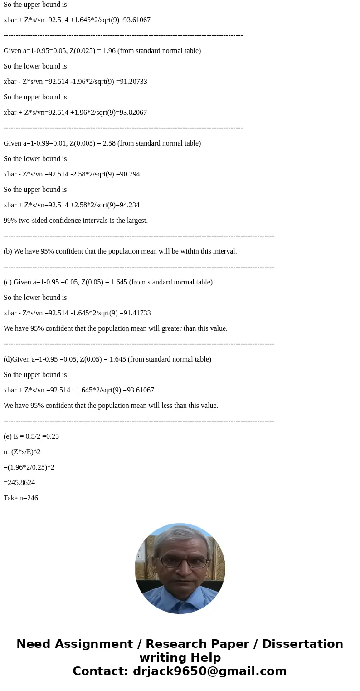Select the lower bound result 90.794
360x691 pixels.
click(x=129, y=174)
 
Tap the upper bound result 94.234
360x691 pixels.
click(x=129, y=205)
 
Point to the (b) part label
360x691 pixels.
click(x=8, y=251)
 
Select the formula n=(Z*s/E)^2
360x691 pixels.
click(x=22, y=452)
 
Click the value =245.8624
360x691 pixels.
click(x=19, y=483)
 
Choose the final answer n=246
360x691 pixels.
click(x=21, y=498)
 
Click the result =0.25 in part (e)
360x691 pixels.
click(x=51, y=436)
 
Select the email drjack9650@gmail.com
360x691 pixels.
click(x=209, y=671)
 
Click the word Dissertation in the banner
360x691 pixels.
click(x=302, y=644)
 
